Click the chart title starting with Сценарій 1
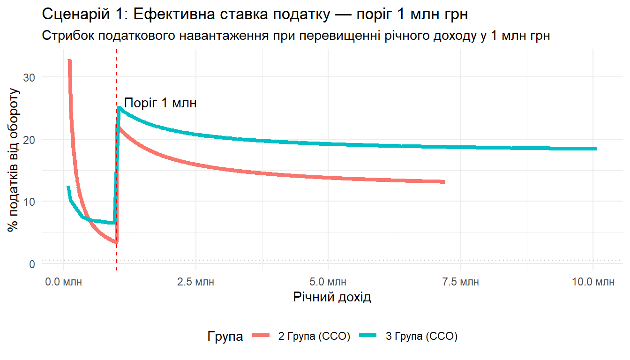255,14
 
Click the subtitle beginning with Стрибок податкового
296,36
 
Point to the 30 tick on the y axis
29,77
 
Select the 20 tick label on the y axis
29,139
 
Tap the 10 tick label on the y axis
29,202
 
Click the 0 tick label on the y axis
32,264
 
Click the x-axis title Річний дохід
332,297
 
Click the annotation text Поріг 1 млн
160,103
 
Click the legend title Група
225,336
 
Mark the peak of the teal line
119,108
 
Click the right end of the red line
443,182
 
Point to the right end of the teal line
596,149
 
